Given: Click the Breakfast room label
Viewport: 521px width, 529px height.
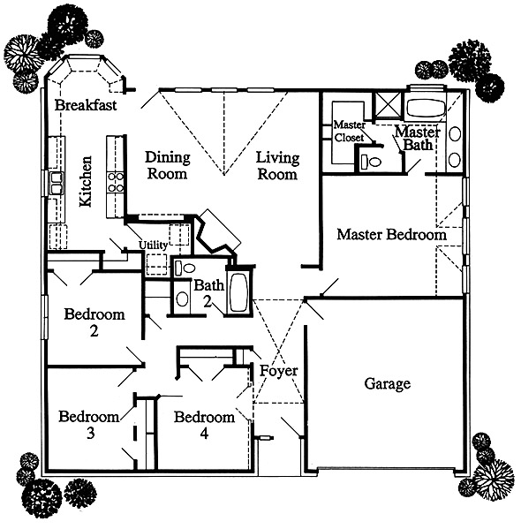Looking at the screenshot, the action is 86,105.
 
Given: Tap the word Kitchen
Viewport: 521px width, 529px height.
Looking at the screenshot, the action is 86,182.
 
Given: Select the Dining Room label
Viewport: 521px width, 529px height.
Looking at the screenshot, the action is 168,165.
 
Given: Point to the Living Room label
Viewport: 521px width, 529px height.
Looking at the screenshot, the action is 277,166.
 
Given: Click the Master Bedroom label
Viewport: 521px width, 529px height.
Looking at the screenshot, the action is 391,234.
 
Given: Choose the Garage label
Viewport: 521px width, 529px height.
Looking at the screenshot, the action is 388,383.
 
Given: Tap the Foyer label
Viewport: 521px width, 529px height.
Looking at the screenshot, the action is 279,371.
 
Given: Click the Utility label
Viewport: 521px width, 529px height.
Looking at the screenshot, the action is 153,245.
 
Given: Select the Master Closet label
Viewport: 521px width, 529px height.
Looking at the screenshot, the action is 350,132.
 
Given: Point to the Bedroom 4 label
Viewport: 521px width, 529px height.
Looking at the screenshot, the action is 205,425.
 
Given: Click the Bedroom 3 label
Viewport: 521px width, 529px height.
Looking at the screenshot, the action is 89,424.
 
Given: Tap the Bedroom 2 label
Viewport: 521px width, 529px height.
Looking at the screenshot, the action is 94,322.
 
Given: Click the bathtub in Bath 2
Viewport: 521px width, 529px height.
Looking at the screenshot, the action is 239,291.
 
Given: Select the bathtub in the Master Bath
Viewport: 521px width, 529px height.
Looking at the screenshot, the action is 426,108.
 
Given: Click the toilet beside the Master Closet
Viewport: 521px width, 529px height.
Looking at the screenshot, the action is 371,162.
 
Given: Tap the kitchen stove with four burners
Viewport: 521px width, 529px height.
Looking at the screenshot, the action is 116,182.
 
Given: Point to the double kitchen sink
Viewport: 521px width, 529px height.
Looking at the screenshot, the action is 57,183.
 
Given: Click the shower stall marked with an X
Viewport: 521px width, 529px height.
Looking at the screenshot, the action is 389,104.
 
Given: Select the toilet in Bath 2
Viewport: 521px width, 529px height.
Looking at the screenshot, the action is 185,268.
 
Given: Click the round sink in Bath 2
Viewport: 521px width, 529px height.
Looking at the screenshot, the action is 182,299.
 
